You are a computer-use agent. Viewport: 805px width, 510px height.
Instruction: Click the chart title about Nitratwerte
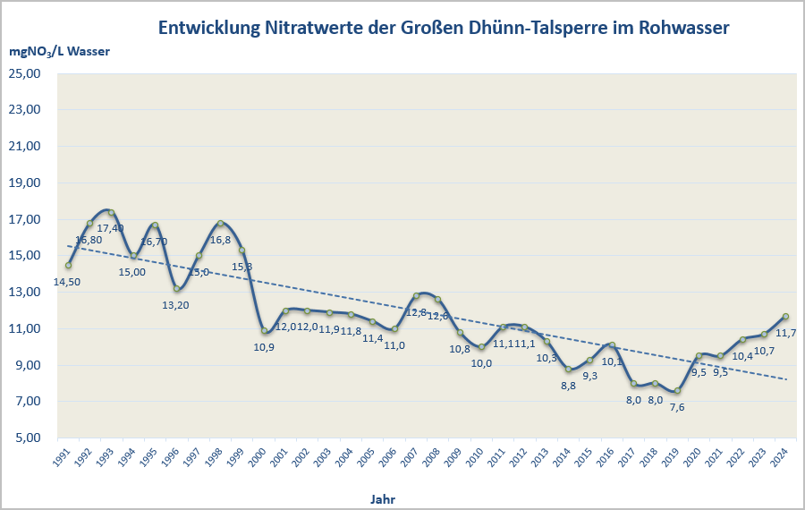[x=444, y=28]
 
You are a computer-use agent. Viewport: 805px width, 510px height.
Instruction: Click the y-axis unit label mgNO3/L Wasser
[x=60, y=52]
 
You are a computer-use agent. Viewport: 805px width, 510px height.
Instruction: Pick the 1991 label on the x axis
[x=64, y=457]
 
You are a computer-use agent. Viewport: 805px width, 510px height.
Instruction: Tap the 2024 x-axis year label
[x=781, y=457]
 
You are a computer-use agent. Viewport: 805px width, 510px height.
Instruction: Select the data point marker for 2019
[x=677, y=391]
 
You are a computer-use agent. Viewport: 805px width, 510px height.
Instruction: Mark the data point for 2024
[x=785, y=316]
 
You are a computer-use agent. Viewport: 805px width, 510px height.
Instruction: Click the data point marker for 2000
[x=264, y=331]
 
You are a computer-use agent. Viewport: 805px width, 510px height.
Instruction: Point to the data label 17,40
[x=112, y=228]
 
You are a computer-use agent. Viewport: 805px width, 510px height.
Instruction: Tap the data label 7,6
[x=677, y=407]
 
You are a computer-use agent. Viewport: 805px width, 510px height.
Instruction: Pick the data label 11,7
[x=785, y=333]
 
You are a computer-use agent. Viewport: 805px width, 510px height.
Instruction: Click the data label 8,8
[x=568, y=386]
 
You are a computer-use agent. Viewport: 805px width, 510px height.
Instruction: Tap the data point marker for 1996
[x=177, y=288]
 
